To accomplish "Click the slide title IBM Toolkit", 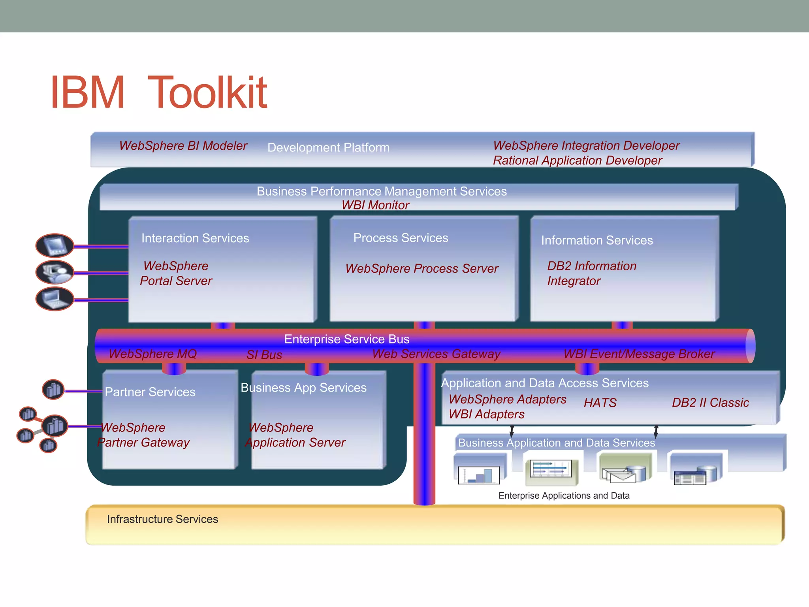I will [x=159, y=93].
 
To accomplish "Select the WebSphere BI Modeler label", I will [x=183, y=146].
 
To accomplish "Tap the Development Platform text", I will [x=328, y=148].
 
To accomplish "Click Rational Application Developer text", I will [x=577, y=161].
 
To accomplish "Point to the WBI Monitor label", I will [x=375, y=205].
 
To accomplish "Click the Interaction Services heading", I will [x=195, y=238].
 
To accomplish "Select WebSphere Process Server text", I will [x=421, y=269].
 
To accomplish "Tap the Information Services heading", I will [x=596, y=240].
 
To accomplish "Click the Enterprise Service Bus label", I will [x=346, y=339].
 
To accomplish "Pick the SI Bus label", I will [x=264, y=355].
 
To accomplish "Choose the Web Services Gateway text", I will [x=436, y=354].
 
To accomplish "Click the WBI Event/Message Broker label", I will [x=639, y=354].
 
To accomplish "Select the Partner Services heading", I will [x=150, y=392].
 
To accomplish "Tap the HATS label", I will [x=600, y=403].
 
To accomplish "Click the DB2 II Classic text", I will [x=710, y=403].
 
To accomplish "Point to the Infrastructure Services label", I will [x=162, y=519].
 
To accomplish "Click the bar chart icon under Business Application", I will [x=479, y=475].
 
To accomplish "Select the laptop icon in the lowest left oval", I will [x=55, y=299].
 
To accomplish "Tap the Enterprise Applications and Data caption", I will [x=564, y=496].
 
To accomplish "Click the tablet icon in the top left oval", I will [x=55, y=245].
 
